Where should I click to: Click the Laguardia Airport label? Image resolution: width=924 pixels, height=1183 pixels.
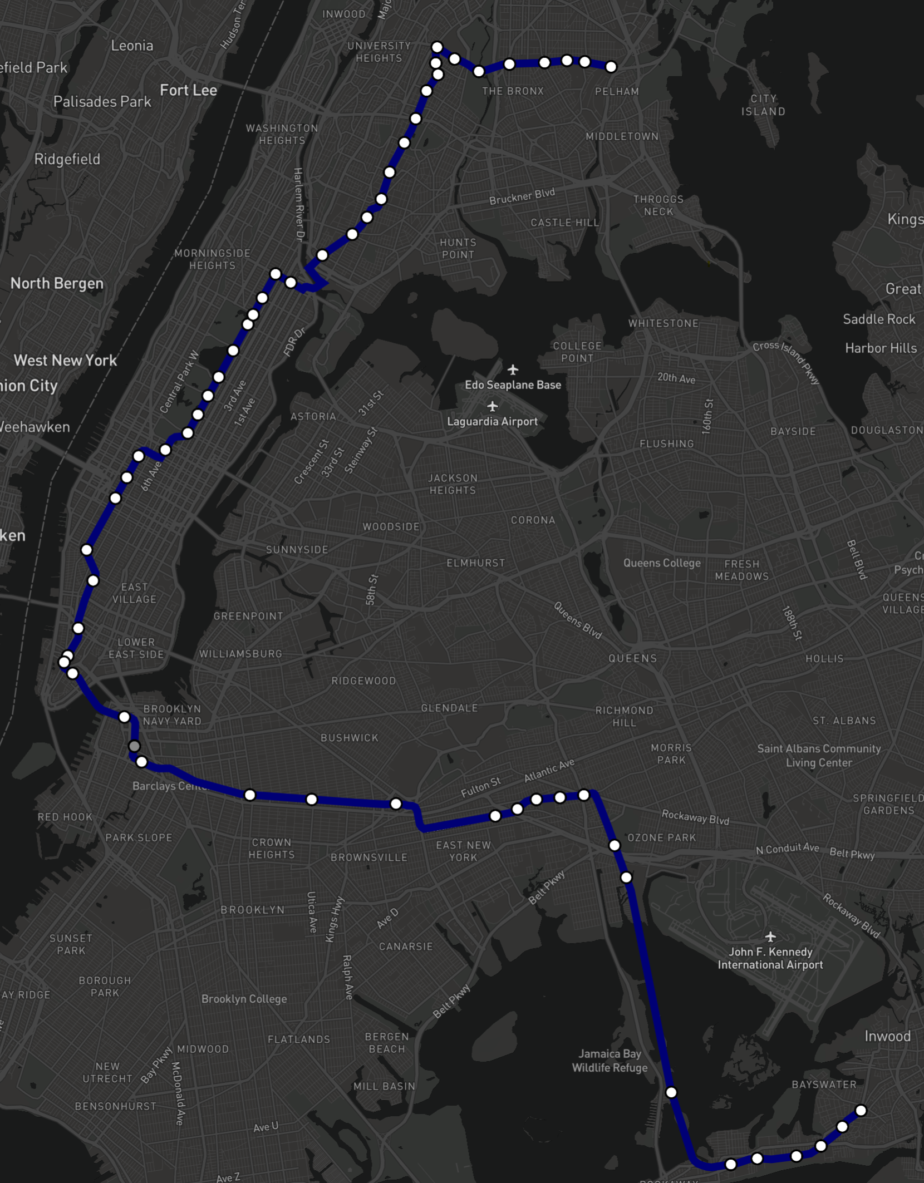tap(492, 421)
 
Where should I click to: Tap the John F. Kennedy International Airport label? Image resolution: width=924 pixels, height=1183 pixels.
tap(770, 958)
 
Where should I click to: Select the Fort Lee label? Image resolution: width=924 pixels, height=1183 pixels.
tap(188, 90)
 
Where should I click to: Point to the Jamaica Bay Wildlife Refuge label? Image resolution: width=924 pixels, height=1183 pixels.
tap(610, 1061)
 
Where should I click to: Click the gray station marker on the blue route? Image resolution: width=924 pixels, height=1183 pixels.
tap(134, 746)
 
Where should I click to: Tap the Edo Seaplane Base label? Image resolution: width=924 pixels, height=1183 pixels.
tap(513, 385)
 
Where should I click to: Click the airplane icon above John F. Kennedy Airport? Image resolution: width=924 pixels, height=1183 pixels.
tap(770, 936)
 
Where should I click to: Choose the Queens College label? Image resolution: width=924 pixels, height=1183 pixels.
tap(662, 563)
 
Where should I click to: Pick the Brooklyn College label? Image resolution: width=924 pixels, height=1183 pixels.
tap(244, 999)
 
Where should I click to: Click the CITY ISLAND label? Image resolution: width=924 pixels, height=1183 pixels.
tap(763, 105)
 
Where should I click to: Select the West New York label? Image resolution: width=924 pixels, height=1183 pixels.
tap(65, 361)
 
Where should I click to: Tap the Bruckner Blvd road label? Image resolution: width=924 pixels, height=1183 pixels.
tap(522, 196)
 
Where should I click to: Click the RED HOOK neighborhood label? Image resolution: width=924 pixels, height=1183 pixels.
tap(65, 817)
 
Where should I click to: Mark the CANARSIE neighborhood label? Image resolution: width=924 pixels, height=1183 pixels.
tap(405, 947)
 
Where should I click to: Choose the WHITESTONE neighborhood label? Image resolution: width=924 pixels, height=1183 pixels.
tap(663, 323)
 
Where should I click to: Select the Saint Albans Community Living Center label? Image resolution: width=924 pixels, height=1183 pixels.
tap(818, 756)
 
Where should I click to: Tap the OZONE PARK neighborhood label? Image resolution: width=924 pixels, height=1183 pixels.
tap(661, 837)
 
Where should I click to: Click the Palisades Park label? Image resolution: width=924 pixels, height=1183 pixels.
tap(102, 102)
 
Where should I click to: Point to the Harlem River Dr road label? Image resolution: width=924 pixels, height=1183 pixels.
tap(299, 204)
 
